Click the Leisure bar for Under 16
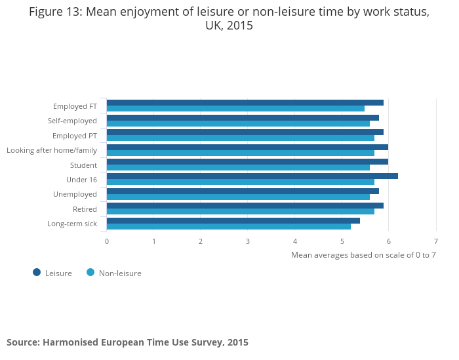pyautogui.click(x=252, y=176)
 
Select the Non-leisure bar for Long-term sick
pyautogui.click(x=228, y=226)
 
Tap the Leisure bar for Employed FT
pyautogui.click(x=245, y=102)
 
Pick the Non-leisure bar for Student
pyautogui.click(x=238, y=167)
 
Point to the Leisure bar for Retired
pyautogui.click(x=245, y=205)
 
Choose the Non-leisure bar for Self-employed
pyautogui.click(x=238, y=123)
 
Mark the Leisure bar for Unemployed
pyautogui.click(x=243, y=191)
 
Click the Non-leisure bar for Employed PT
pyautogui.click(x=240, y=138)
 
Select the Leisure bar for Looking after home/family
pyautogui.click(x=247, y=147)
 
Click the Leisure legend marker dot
pyautogui.click(x=37, y=272)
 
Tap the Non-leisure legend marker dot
pyautogui.click(x=90, y=272)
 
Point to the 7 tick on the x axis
pyautogui.click(x=435, y=241)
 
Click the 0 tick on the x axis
pyautogui.click(x=107, y=241)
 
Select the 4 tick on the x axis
pyautogui.click(x=295, y=241)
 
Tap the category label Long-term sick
pyautogui.click(x=72, y=224)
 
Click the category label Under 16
pyautogui.click(x=81, y=180)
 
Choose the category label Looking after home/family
pyautogui.click(x=52, y=150)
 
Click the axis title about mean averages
pyautogui.click(x=363, y=254)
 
